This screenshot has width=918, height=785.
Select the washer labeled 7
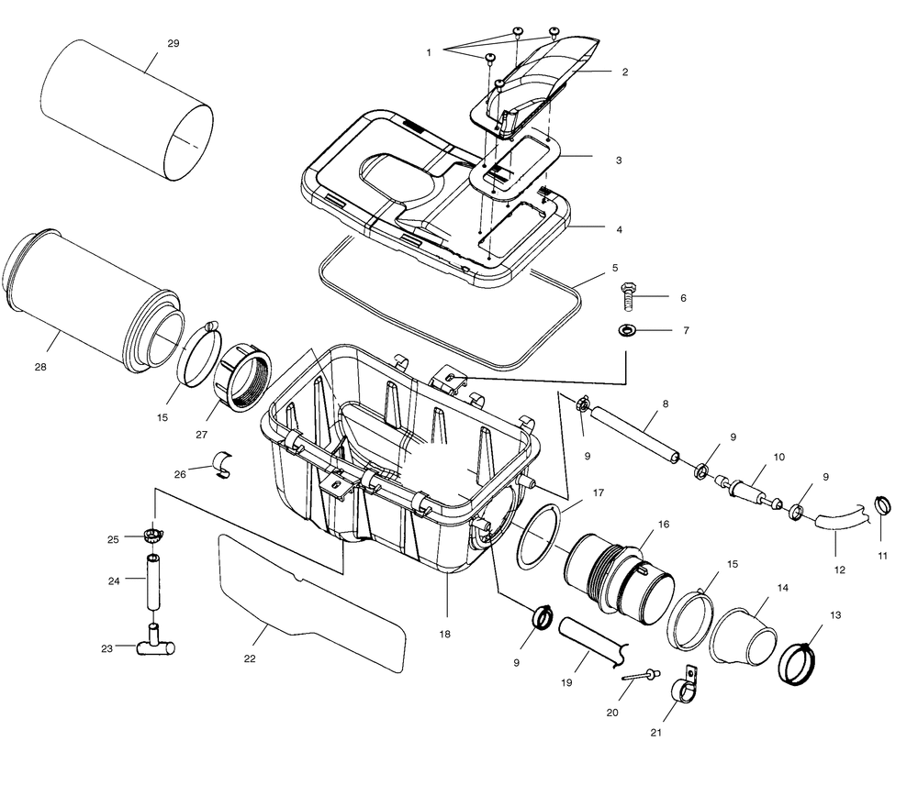click(x=629, y=329)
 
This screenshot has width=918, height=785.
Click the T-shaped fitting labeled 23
click(x=152, y=646)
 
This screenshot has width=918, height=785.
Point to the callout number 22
click(x=250, y=658)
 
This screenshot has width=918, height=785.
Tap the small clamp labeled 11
click(x=883, y=504)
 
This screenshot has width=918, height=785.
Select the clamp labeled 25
click(x=152, y=535)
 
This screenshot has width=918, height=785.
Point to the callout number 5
click(x=614, y=270)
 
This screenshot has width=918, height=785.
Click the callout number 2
click(x=624, y=72)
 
